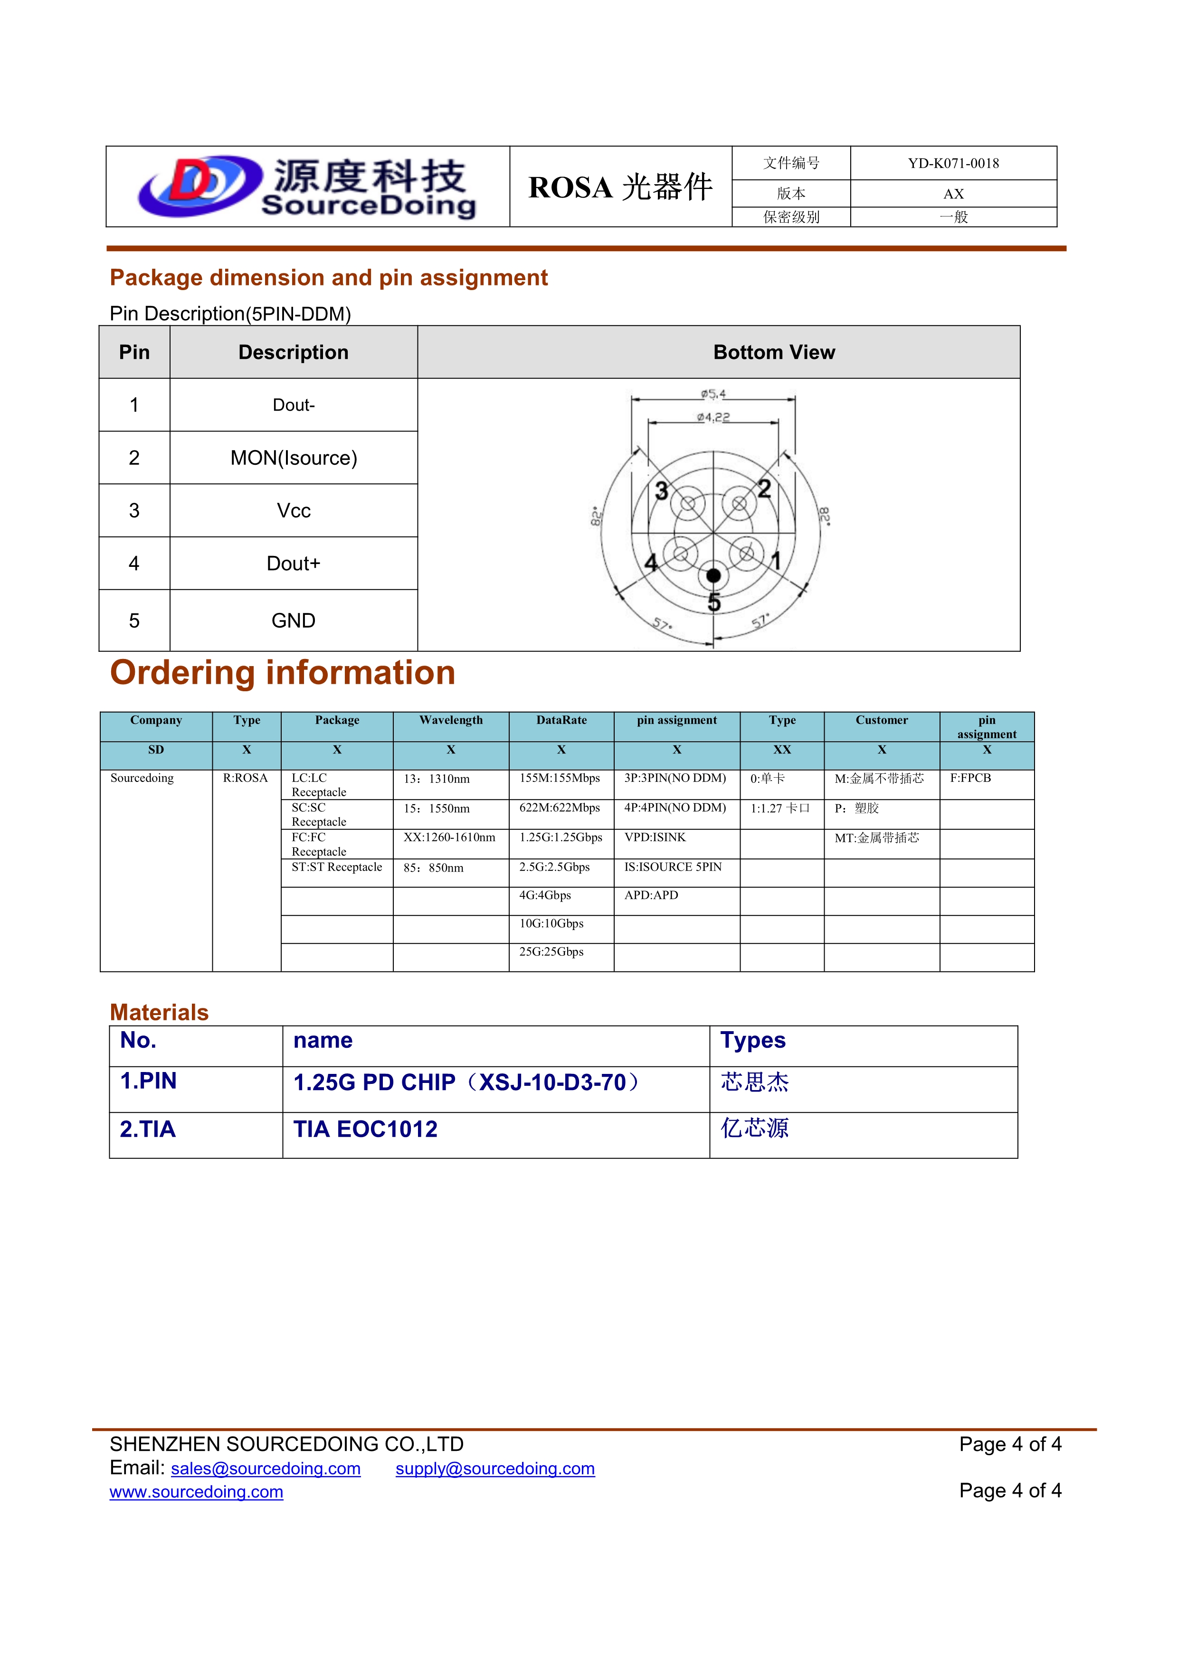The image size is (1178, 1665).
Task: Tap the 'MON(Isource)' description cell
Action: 294,458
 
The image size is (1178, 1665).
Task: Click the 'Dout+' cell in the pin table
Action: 294,564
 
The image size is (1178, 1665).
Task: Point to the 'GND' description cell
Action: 294,621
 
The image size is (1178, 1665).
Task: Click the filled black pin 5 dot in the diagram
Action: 714,576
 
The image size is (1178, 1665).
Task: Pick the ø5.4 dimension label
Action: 713,394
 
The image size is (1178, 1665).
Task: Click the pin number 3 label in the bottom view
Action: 662,491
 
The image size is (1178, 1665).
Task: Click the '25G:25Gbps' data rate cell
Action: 551,951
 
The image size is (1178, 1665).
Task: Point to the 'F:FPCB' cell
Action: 970,778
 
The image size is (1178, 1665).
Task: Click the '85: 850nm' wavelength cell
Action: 434,867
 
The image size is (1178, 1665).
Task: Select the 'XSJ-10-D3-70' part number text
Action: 553,1082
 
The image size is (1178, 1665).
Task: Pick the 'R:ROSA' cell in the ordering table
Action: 245,778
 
